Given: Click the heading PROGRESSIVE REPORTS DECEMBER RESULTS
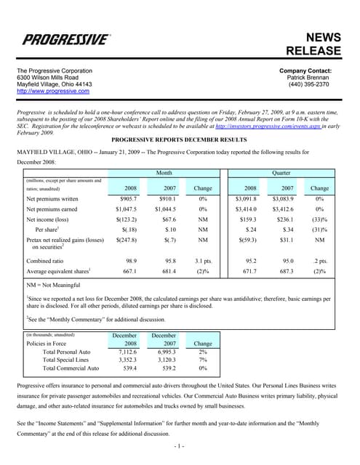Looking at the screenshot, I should click(180, 138).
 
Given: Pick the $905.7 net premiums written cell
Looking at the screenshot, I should click(124, 197).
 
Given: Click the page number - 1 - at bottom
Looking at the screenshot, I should click(180, 445).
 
